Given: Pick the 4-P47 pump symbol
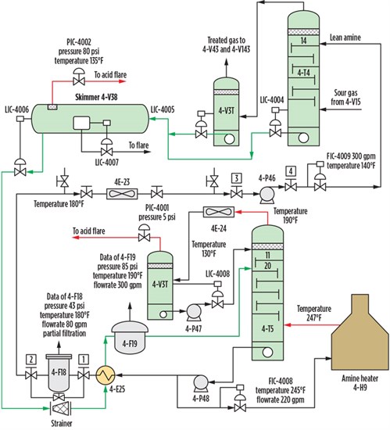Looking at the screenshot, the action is [194, 312].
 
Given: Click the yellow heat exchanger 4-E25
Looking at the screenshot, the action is [106, 374].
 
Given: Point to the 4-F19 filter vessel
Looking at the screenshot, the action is [130, 338].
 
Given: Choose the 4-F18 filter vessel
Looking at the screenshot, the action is [59, 373].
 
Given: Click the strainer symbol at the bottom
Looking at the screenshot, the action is [60, 409].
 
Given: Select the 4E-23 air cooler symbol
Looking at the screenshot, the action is [122, 194].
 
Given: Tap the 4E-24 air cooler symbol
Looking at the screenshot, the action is [219, 212].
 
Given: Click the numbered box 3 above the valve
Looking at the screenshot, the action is [237, 178].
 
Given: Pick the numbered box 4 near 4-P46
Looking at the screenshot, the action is [291, 171].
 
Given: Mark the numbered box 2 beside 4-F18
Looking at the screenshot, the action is [31, 360].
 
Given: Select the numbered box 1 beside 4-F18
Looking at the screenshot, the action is [84, 360].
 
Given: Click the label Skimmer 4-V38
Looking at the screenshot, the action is [96, 97].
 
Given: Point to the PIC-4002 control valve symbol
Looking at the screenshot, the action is [79, 77].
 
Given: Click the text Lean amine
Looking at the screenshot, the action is [345, 38].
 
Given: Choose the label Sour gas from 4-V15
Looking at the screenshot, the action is [345, 97].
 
